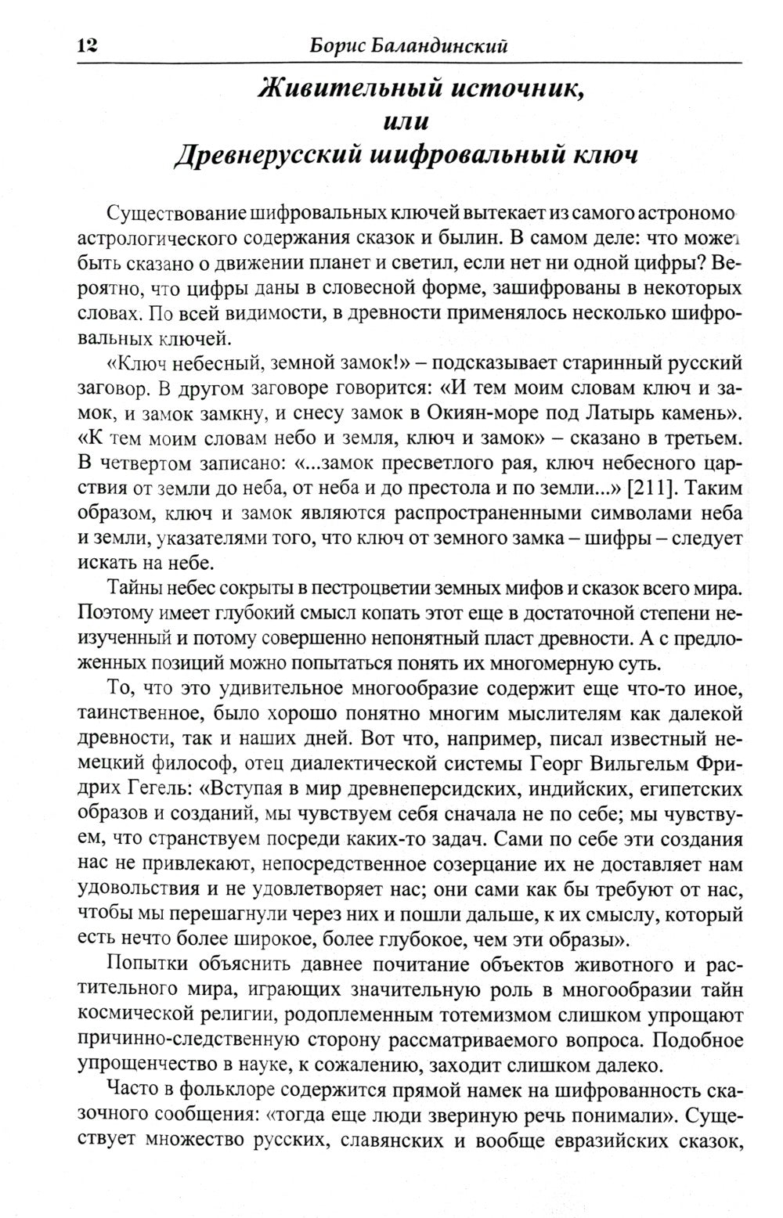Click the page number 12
click(87, 45)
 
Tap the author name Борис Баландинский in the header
click(409, 45)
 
